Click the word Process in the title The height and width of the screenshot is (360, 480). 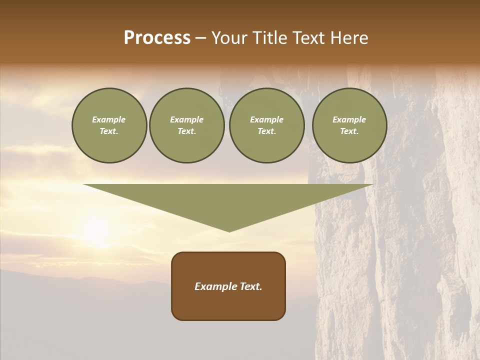[157, 38]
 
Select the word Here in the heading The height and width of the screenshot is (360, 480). [348, 38]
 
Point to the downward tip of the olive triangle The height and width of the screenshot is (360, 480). [229, 230]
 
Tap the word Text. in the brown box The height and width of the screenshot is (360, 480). [251, 286]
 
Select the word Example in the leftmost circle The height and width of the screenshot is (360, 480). [109, 119]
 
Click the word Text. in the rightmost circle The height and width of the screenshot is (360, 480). [349, 131]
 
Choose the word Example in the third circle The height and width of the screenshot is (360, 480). [266, 119]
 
